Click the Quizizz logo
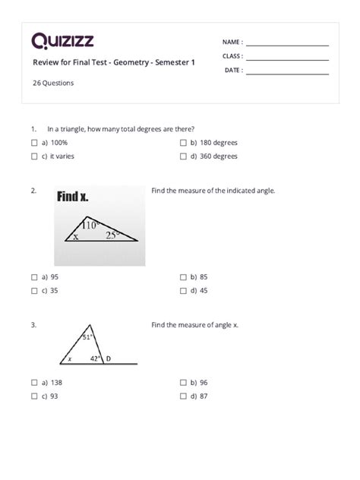(62, 41)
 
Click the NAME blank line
(287, 45)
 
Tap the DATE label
(232, 71)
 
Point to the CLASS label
(232, 57)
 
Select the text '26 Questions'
(53, 84)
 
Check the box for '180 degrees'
(184, 143)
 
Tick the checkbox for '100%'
(35, 143)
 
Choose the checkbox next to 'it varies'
(35, 156)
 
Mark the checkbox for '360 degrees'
(184, 156)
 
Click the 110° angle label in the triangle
(92, 225)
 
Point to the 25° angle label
(112, 235)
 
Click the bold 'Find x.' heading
(73, 197)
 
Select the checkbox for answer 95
(35, 277)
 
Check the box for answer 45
(184, 291)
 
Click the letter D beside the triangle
(107, 358)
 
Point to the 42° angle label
(95, 358)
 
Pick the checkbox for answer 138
(35, 383)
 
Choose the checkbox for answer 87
(184, 396)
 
